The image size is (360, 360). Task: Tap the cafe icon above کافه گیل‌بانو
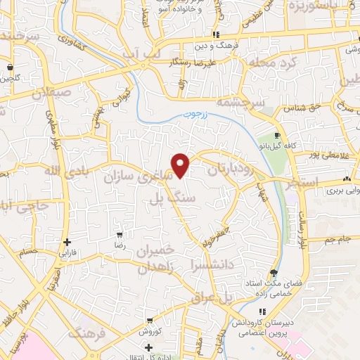tap(278, 135)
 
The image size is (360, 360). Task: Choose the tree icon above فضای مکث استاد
tap(273, 273)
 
